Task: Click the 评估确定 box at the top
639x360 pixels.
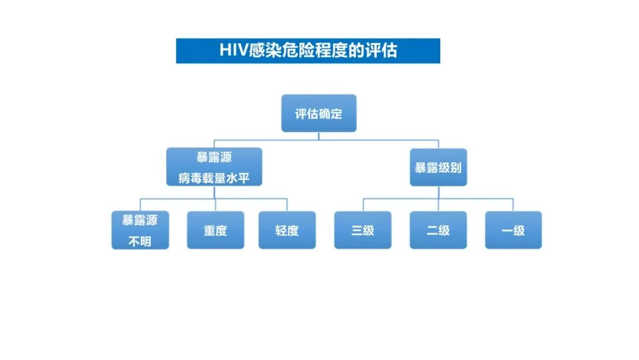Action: click(x=318, y=113)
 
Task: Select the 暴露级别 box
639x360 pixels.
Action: click(x=438, y=168)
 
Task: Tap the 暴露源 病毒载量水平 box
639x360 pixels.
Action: click(x=214, y=167)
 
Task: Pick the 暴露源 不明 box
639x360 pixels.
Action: click(x=140, y=230)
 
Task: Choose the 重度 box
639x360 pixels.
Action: click(x=215, y=230)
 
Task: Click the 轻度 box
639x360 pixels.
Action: click(x=287, y=230)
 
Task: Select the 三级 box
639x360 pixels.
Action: click(x=363, y=230)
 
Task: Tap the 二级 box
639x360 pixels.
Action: click(x=438, y=230)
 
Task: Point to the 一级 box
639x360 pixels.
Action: click(x=513, y=230)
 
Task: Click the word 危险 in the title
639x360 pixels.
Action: click(x=293, y=51)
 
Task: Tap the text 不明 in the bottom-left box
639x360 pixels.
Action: click(x=140, y=241)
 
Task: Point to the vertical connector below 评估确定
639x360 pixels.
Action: click(x=318, y=136)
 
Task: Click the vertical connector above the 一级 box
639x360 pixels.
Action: click(x=513, y=205)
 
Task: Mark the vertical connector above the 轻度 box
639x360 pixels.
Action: click(x=287, y=205)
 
